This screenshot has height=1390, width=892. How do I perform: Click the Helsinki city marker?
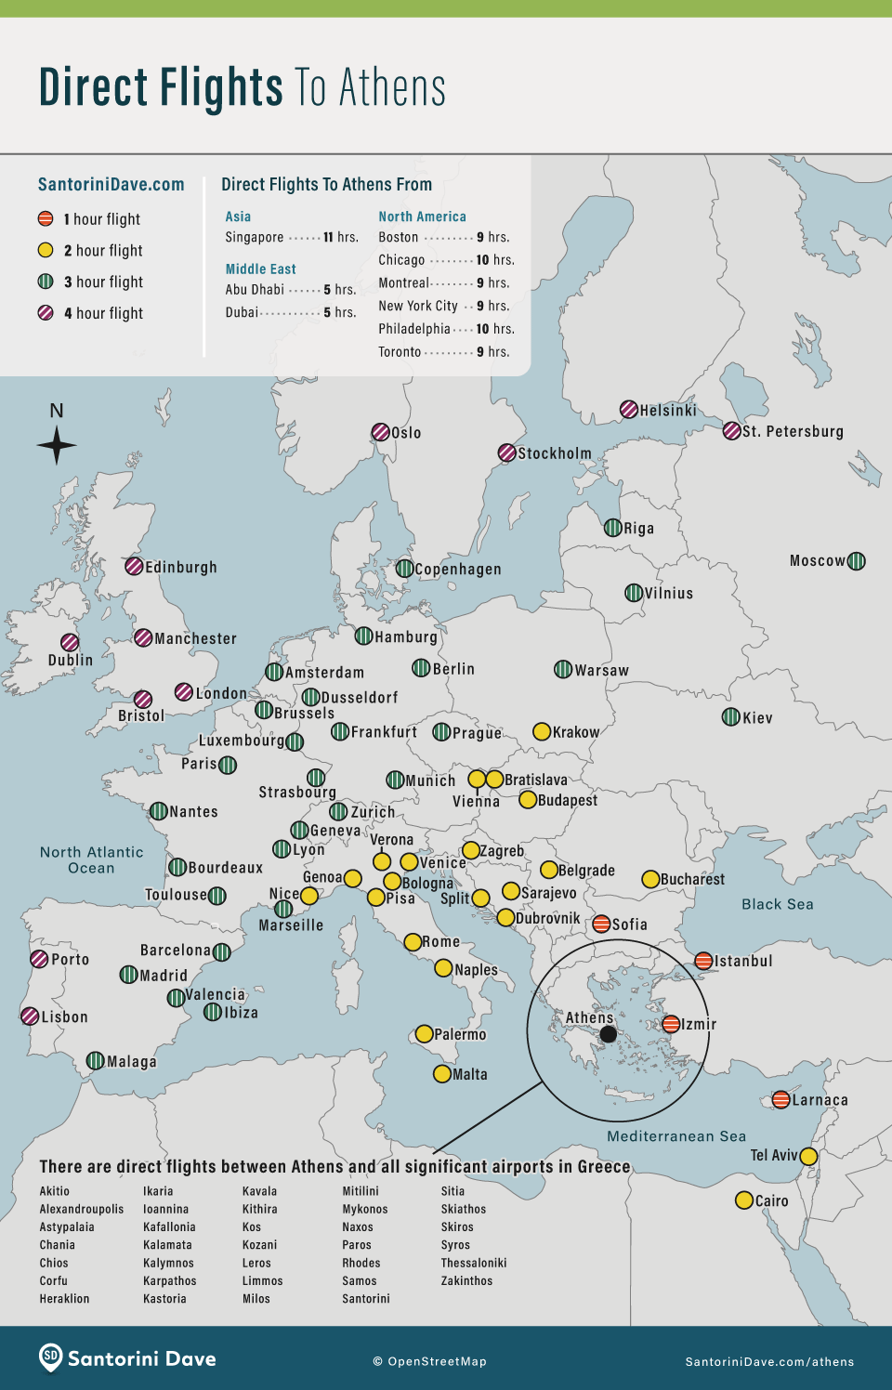point(629,410)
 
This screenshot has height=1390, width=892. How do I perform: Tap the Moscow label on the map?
point(818,561)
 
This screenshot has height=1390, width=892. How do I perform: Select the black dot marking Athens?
point(608,1034)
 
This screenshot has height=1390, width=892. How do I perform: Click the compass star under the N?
point(57,445)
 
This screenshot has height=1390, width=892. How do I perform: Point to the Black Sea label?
point(777,904)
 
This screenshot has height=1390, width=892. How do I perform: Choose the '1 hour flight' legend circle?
point(46,219)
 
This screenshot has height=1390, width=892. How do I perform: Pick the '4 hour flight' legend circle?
point(46,313)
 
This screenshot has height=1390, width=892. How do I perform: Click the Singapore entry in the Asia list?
point(255,238)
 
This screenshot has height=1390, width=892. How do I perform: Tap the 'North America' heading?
point(422,216)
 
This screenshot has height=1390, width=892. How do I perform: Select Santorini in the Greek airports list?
point(366,1299)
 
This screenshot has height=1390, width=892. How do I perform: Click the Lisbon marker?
point(31,1016)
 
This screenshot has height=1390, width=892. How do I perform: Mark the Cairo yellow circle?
point(744,1200)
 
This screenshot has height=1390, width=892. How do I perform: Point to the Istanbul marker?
point(704,961)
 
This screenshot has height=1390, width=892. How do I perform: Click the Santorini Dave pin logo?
point(51,1357)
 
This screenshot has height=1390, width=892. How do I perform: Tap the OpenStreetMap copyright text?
point(429,1361)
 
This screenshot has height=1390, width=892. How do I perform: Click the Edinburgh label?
point(181,568)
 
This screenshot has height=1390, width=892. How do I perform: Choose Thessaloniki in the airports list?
point(474,1263)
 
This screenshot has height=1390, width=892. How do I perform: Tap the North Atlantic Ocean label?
point(91,860)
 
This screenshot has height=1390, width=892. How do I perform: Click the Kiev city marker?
point(731,716)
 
